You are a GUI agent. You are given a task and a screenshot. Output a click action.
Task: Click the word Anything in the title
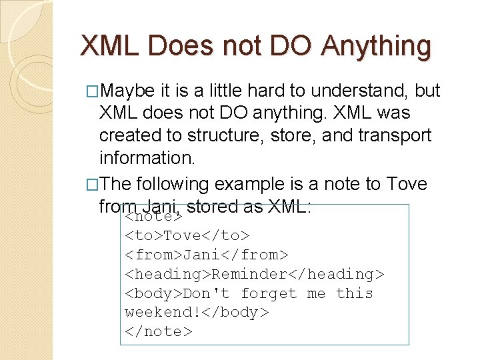[376, 47]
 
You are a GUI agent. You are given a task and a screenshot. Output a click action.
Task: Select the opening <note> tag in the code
[154, 217]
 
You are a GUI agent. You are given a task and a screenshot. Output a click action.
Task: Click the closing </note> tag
[159, 331]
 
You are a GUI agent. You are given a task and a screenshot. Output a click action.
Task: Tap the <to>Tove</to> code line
[187, 235]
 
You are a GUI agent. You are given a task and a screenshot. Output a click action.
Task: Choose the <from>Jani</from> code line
[207, 255]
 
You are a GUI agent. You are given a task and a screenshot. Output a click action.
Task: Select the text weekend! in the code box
[159, 313]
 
